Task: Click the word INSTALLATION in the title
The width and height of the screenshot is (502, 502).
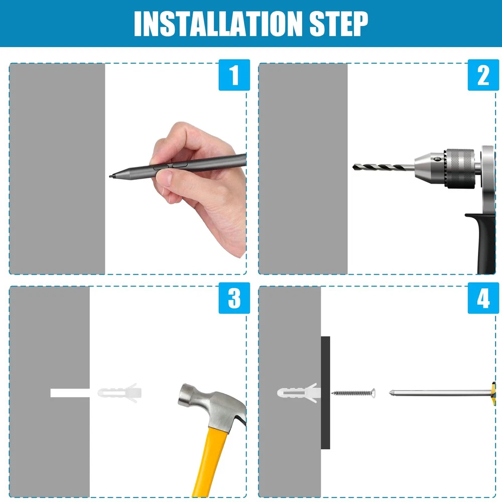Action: pyautogui.click(x=218, y=24)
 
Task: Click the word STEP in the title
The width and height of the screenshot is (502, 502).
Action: pyautogui.click(x=339, y=24)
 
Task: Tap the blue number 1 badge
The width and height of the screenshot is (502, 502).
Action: pyautogui.click(x=234, y=75)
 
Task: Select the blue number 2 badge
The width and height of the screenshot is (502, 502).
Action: pyautogui.click(x=483, y=75)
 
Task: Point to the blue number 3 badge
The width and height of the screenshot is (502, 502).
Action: pyautogui.click(x=234, y=298)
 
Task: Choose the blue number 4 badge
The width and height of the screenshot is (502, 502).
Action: pyautogui.click(x=483, y=298)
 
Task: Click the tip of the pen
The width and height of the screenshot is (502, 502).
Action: pyautogui.click(x=110, y=176)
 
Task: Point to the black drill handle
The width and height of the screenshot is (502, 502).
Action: pyautogui.click(x=481, y=242)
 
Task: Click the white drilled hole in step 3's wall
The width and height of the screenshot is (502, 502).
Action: pyautogui.click(x=70, y=393)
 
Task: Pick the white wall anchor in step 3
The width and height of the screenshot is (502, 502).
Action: pyautogui.click(x=119, y=393)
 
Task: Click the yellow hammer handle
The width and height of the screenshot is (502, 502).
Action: pyautogui.click(x=210, y=463)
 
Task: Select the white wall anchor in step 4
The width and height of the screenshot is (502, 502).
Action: pyautogui.click(x=299, y=393)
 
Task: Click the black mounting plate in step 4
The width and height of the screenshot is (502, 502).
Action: pyautogui.click(x=326, y=393)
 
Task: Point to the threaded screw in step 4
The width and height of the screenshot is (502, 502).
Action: pyautogui.click(x=353, y=393)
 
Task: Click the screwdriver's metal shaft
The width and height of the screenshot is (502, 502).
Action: pyautogui.click(x=440, y=393)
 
